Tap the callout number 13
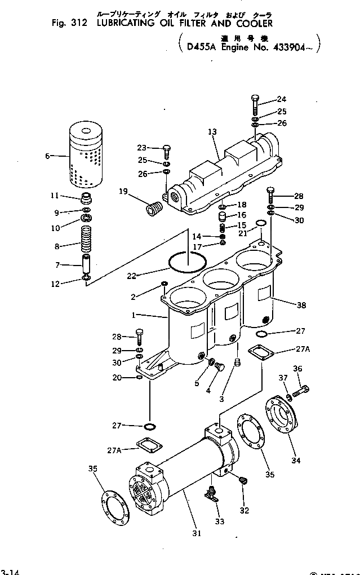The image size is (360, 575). [x=212, y=132]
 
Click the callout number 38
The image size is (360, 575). [x=301, y=305]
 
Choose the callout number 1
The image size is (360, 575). [x=134, y=316]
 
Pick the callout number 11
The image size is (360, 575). [x=55, y=196]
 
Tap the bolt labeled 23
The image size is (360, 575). [x=167, y=151]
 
